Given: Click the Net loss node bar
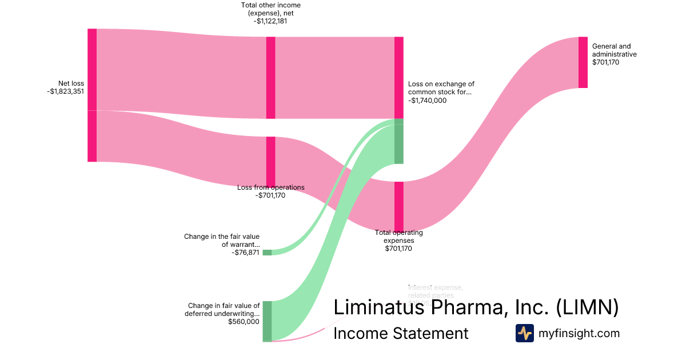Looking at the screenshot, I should tap(92, 95).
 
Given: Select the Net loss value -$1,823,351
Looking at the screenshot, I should tap(66, 91).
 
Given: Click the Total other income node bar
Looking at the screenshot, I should tap(271, 78).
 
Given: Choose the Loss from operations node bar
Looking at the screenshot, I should tap(271, 161).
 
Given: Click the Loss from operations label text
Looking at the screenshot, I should tap(270, 187).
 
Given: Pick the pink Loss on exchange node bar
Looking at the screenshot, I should tap(399, 78).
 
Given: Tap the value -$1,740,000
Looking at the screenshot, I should tap(428, 101).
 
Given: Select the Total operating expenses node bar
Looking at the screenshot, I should tap(399, 206).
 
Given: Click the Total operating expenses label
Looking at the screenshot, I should tap(398, 236).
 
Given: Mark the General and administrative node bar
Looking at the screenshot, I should tap(583, 62).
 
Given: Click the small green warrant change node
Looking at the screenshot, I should tap(267, 253).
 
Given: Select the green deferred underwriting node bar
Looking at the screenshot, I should tap(267, 321).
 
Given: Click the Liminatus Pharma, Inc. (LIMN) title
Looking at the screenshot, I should tap(476, 307).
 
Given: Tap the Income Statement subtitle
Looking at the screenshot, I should tap(401, 333).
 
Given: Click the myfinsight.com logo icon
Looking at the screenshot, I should tap(524, 333).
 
